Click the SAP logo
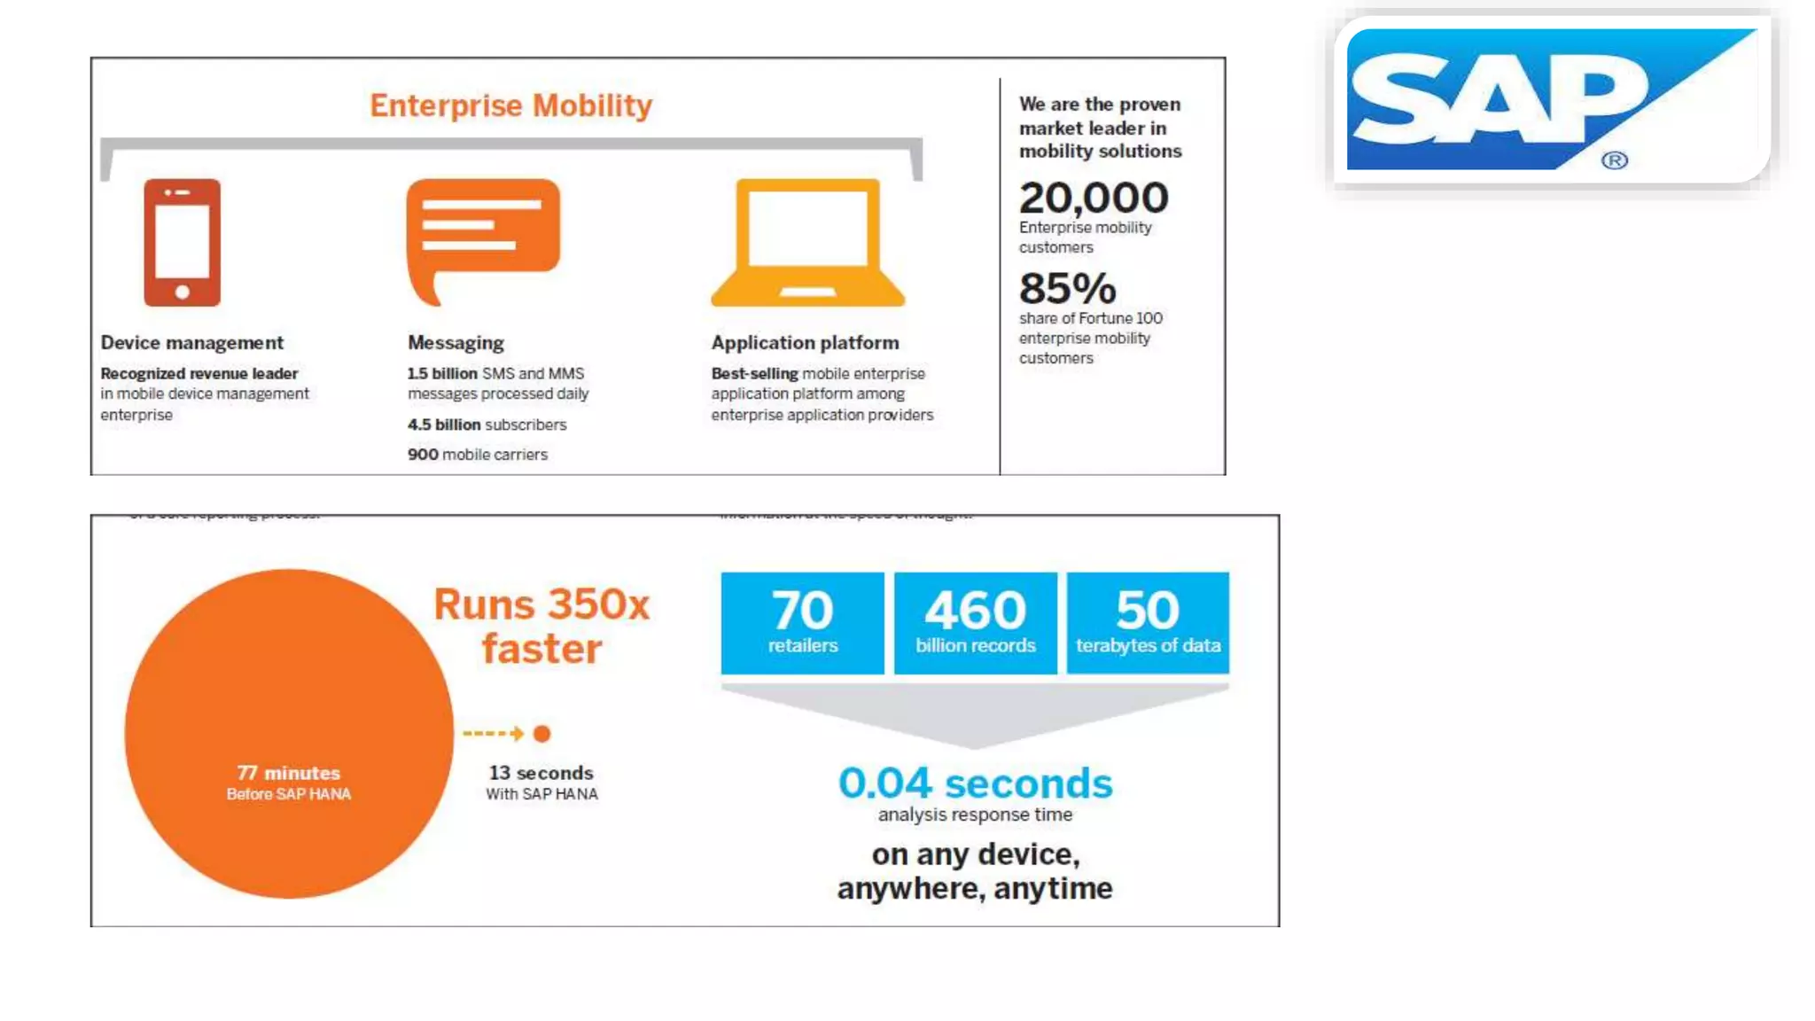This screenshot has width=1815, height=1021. (1551, 99)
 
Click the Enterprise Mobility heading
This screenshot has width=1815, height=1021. (510, 105)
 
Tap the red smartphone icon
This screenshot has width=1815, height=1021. (182, 242)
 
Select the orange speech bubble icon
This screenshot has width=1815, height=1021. (483, 236)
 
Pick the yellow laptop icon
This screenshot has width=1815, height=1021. (807, 242)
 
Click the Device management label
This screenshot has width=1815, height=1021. (191, 343)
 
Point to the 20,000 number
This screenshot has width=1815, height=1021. (1093, 197)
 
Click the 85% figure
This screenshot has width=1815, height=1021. (1067, 288)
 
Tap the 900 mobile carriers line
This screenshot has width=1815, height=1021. (477, 455)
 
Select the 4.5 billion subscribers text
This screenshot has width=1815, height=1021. (487, 425)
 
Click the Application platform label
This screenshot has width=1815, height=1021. (805, 343)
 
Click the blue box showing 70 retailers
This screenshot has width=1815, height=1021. (802, 622)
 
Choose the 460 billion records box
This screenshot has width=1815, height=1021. (975, 622)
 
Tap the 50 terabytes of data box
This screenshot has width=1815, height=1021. (1148, 622)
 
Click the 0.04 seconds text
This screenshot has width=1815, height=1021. (975, 783)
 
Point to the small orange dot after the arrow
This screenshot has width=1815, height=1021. (542, 733)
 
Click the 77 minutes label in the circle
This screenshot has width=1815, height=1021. (288, 773)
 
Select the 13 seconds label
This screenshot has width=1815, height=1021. (541, 773)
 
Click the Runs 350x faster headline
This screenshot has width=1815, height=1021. (541, 626)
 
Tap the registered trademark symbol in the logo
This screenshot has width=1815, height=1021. (1615, 160)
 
